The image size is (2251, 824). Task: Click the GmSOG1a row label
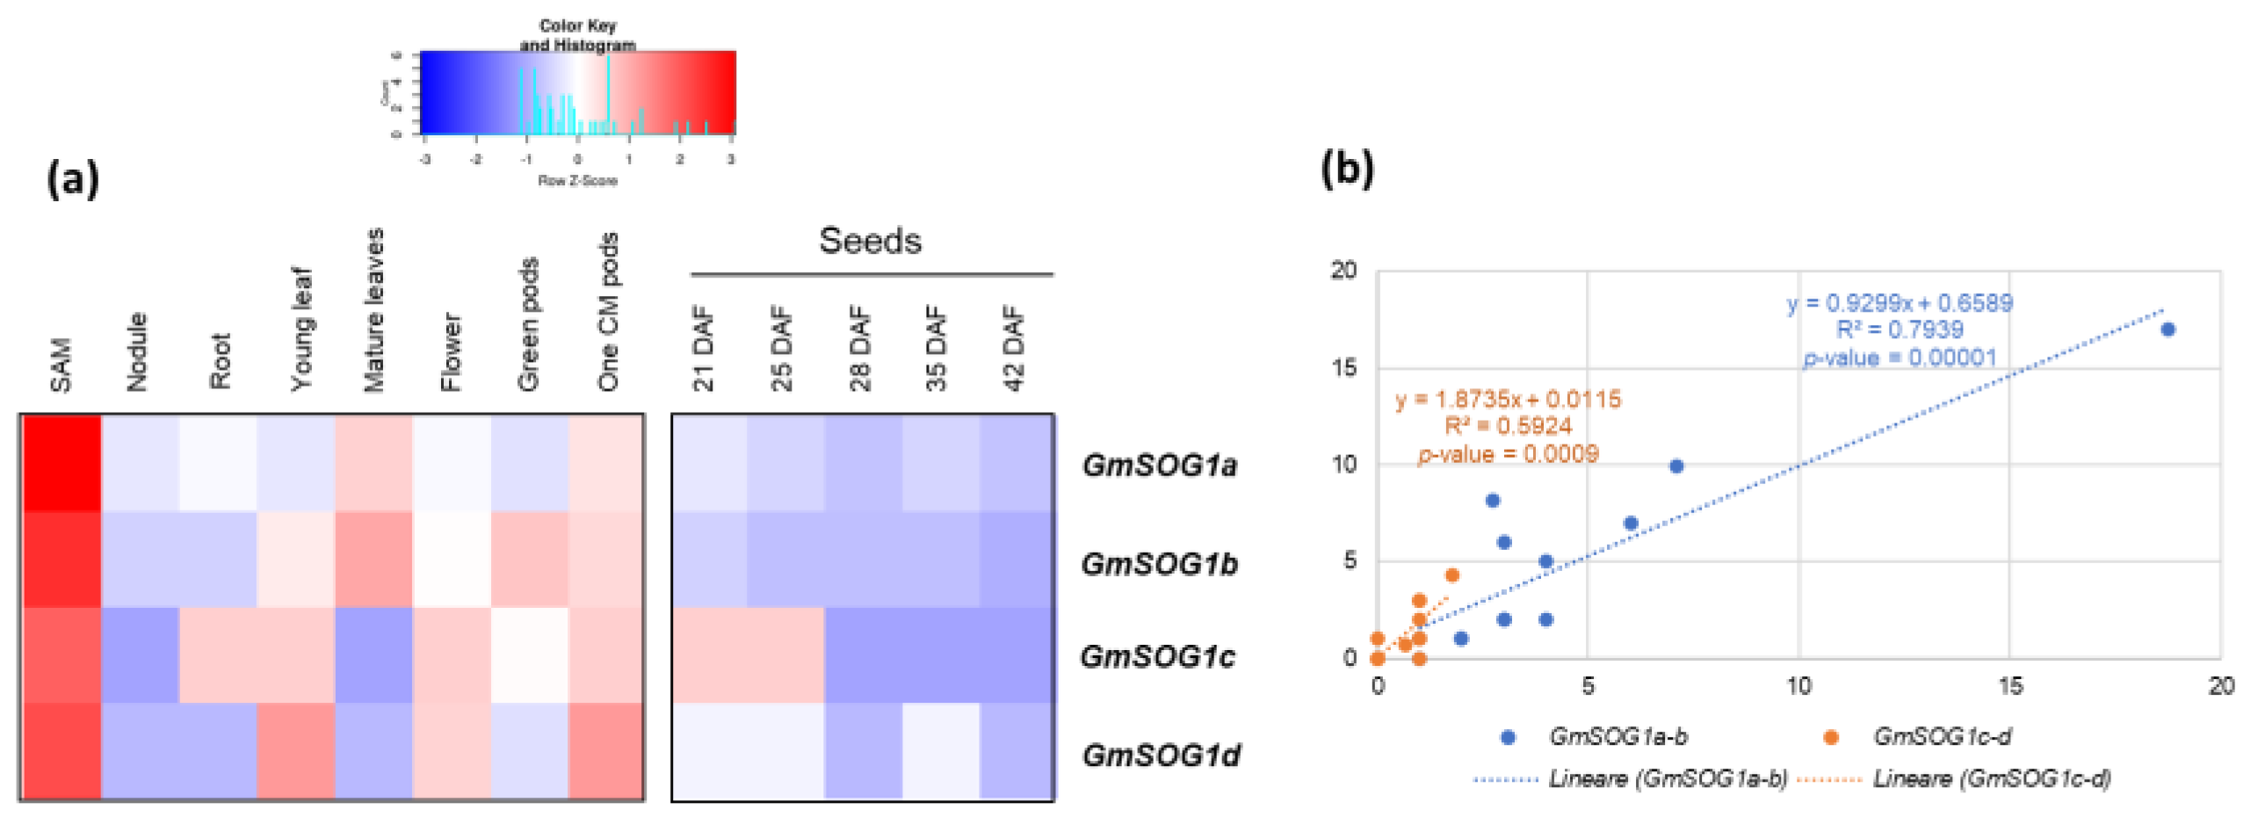click(x=1158, y=464)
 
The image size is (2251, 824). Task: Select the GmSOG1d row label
click(x=1160, y=754)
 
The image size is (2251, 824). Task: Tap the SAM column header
click(x=60, y=364)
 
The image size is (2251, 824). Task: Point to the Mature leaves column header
click(x=373, y=309)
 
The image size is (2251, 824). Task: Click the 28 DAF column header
click(x=859, y=347)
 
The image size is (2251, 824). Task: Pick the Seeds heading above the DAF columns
click(x=870, y=241)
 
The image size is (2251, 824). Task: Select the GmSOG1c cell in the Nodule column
click(x=140, y=654)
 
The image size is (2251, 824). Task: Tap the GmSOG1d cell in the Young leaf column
click(x=295, y=751)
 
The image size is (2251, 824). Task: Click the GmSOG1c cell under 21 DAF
click(x=709, y=654)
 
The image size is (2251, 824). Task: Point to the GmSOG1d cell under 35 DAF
click(x=940, y=751)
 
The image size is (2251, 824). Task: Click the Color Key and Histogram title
click(x=577, y=35)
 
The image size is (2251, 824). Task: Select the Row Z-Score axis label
click(x=577, y=180)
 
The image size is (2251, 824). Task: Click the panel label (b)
click(x=1346, y=168)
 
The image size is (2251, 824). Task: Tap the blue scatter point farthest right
click(x=2167, y=329)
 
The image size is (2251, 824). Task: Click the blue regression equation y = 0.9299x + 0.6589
click(x=1899, y=303)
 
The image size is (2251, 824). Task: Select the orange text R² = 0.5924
click(x=1508, y=426)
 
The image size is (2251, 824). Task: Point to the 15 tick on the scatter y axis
click(x=1343, y=367)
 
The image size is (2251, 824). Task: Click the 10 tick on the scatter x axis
click(x=1799, y=686)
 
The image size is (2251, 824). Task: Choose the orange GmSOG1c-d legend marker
click(x=1830, y=737)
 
